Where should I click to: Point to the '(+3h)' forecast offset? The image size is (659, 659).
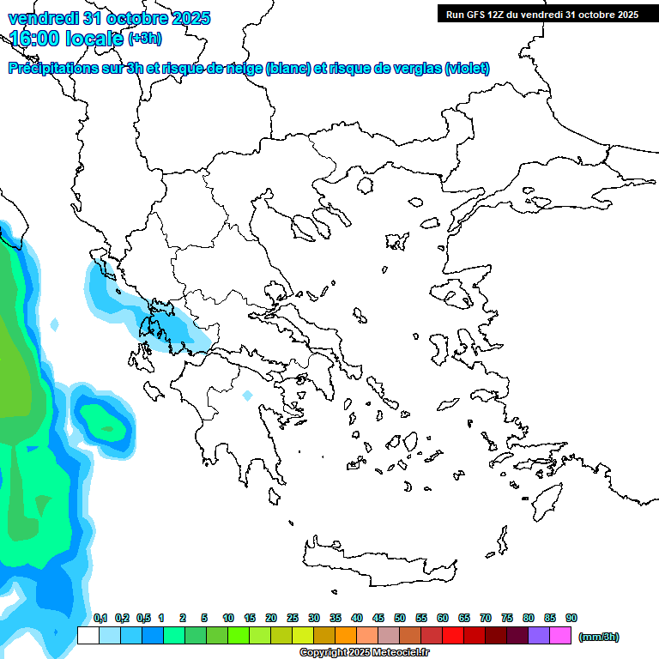point(144,39)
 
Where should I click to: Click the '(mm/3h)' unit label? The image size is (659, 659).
point(598,637)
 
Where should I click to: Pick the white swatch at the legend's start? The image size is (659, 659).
point(88,636)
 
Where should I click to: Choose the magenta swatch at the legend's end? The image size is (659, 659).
point(560,636)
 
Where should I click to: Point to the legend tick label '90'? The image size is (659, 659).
point(571,618)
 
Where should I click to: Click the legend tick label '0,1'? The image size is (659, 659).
point(100,618)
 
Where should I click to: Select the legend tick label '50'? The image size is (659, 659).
point(400,618)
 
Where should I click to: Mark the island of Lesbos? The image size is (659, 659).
point(457,295)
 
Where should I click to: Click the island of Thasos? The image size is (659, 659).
point(365,184)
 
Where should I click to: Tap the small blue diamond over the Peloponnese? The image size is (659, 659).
point(247,396)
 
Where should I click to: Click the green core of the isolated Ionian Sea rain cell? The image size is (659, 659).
point(106,426)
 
